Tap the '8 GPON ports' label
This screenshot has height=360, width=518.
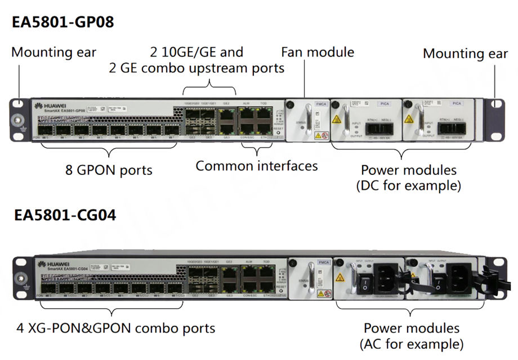click(x=108, y=169)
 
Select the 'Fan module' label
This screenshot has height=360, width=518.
click(x=318, y=52)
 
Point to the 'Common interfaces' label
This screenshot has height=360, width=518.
click(x=256, y=166)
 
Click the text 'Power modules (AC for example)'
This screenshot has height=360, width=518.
click(x=411, y=335)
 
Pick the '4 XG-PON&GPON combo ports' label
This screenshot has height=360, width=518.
click(x=115, y=327)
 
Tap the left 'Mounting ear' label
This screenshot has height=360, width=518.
click(x=53, y=52)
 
